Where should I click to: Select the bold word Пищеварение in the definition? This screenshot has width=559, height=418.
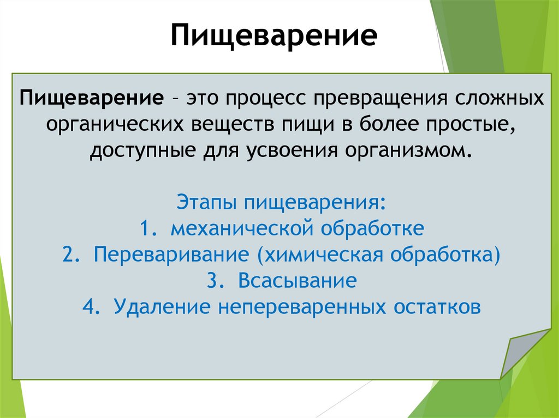tap(91, 99)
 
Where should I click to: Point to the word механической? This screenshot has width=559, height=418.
tap(242, 228)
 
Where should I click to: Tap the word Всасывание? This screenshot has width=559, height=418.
tap(297, 281)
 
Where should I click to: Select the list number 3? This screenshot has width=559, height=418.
tap(213, 281)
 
